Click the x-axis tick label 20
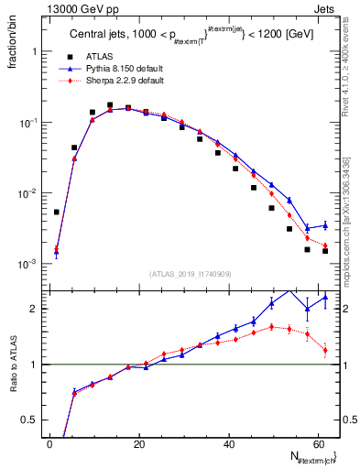point(139,443)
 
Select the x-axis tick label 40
point(229,443)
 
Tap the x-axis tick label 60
point(319,443)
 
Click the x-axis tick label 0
point(49,443)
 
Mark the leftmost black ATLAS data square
point(57,212)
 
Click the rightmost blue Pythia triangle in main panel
point(324,225)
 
